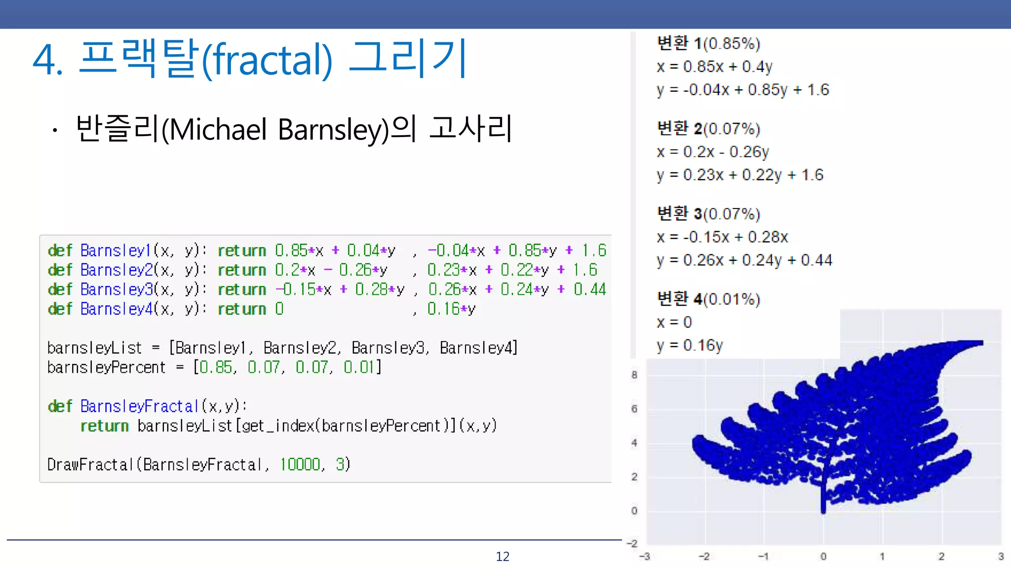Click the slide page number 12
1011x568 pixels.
coord(502,557)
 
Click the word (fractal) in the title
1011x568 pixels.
coord(267,60)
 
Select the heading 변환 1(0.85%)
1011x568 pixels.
coord(708,43)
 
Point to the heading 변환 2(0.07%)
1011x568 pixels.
coord(708,129)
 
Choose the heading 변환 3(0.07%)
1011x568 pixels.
coord(708,214)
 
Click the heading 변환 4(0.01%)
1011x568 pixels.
coord(708,299)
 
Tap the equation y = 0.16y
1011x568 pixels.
coord(690,346)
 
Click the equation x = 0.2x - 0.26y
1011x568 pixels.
coord(713,152)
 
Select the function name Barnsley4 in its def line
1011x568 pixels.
coord(117,309)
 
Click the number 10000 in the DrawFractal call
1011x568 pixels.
coord(300,464)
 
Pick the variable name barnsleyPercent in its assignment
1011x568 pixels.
coord(106,368)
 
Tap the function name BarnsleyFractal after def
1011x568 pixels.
coord(139,406)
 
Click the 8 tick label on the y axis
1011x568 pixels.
coord(634,375)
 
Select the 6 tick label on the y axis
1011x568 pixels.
coord(634,409)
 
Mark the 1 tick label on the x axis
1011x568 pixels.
coord(882,557)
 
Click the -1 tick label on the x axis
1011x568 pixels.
coord(763,557)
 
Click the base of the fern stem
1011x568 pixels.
coord(823,511)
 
